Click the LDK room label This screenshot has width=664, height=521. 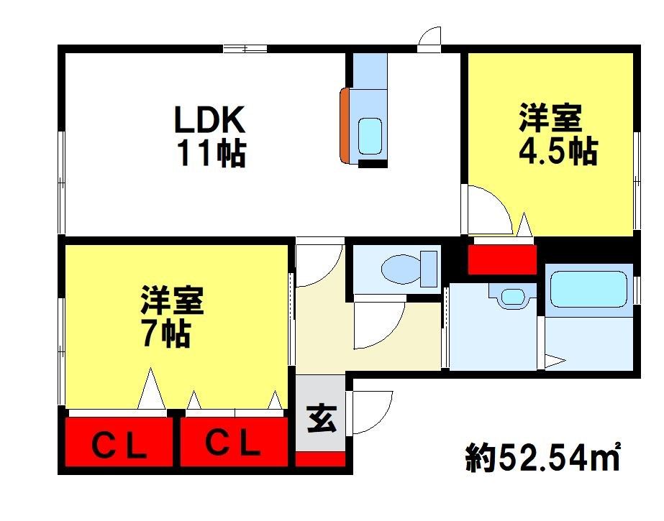tap(209, 120)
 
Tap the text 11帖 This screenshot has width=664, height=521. tap(211, 153)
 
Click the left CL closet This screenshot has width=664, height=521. tap(119, 443)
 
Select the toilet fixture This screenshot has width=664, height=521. tap(407, 269)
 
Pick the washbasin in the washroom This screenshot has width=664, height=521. tap(511, 295)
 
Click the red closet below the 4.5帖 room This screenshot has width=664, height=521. tap(502, 259)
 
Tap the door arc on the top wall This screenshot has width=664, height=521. tap(429, 38)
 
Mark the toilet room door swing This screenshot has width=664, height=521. tap(378, 324)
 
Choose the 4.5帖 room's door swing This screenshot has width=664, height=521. tap(489, 208)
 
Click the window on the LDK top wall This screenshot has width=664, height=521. tap(245, 48)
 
